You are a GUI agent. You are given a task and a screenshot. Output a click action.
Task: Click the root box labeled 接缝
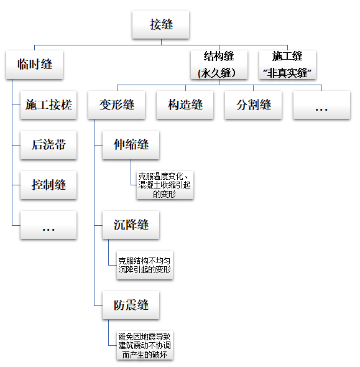(161, 25)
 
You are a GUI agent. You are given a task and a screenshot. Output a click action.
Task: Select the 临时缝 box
(35, 65)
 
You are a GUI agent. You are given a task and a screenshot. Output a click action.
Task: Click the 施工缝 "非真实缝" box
(288, 65)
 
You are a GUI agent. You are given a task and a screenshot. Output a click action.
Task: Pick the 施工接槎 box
(48, 105)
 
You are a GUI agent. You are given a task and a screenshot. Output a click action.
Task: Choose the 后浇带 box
(48, 145)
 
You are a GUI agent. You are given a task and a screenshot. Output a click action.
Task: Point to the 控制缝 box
(48, 185)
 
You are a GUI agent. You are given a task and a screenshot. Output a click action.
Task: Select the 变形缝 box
(117, 105)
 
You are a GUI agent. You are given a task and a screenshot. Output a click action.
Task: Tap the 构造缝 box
(185, 105)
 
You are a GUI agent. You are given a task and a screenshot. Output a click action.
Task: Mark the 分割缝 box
(253, 105)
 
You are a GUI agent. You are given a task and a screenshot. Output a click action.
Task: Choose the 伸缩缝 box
(131, 145)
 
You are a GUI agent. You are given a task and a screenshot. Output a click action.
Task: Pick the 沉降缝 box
(131, 225)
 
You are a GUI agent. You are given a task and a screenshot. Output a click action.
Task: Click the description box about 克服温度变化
(165, 185)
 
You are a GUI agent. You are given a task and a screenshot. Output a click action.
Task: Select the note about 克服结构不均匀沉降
(144, 265)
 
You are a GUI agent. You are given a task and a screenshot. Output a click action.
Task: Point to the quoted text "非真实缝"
(288, 73)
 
